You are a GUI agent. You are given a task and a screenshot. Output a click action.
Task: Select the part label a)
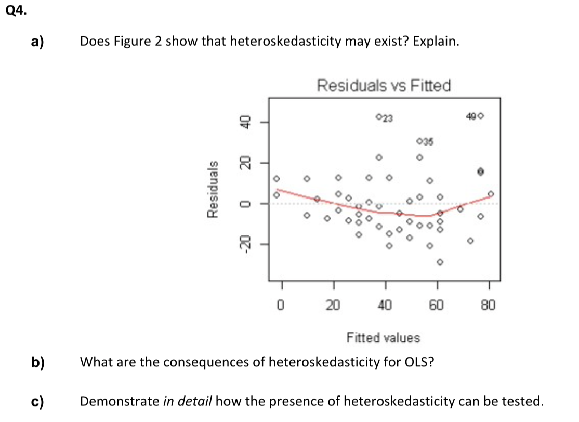36,42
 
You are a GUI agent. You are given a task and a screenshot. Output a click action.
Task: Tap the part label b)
36,362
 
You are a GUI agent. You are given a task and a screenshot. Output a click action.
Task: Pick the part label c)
36,401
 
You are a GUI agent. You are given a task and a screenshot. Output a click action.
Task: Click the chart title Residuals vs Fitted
384,85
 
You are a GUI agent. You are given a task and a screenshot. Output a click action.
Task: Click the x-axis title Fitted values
383,338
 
